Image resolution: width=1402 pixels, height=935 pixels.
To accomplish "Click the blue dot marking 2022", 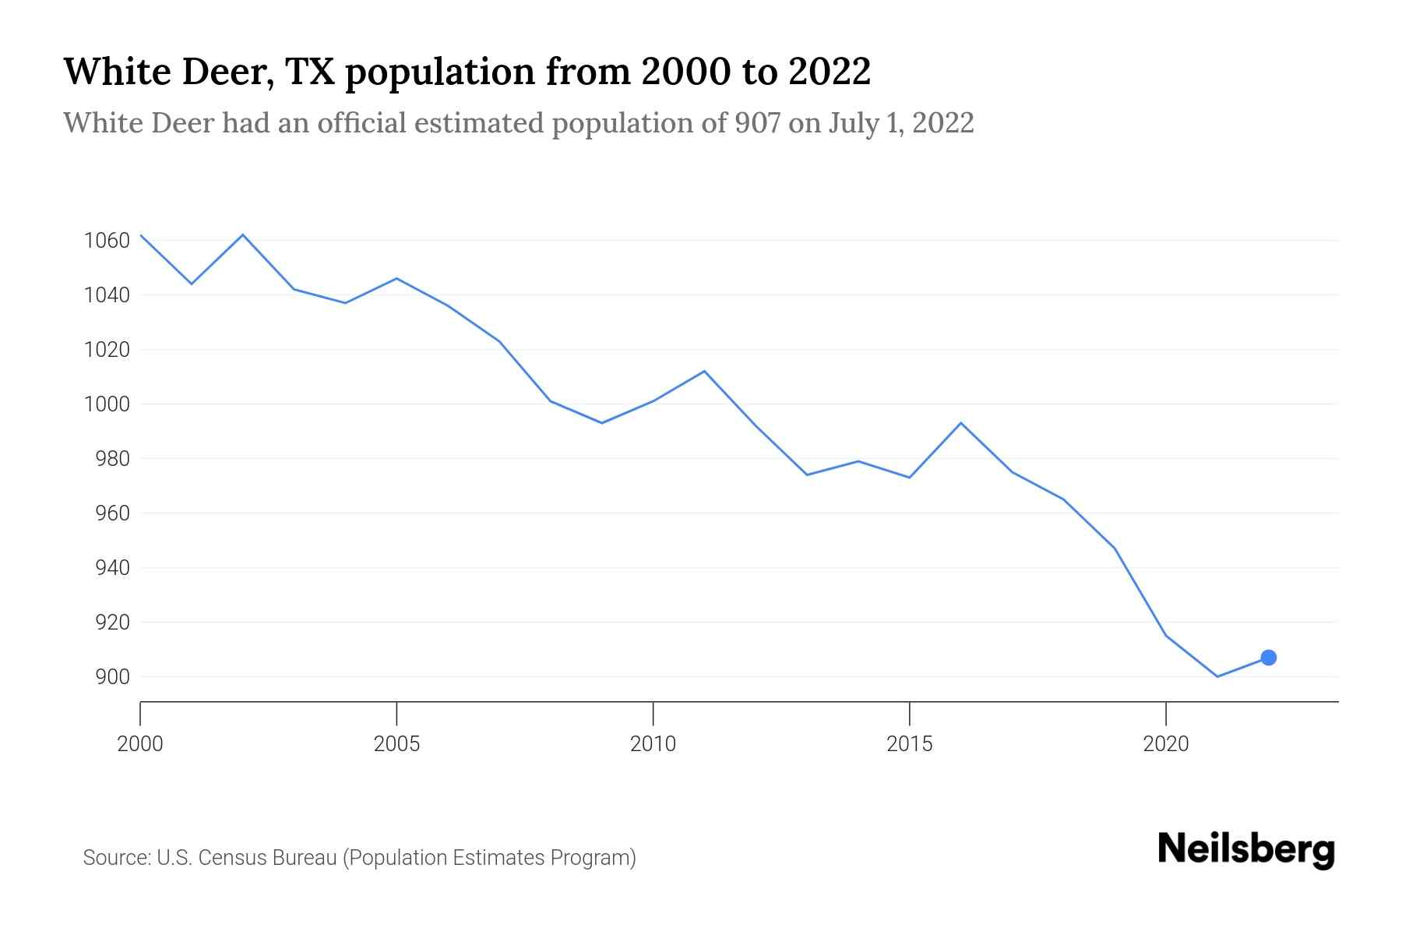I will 1268,658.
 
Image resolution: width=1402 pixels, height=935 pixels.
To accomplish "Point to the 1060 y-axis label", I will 106,241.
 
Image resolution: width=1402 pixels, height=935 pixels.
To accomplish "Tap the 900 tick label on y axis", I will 113,677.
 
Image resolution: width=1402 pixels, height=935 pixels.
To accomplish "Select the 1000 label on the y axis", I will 106,404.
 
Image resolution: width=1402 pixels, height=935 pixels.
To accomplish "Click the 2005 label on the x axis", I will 396,744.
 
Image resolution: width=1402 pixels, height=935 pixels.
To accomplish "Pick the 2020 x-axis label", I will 1165,744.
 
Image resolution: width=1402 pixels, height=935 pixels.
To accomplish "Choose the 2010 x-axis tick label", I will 653,744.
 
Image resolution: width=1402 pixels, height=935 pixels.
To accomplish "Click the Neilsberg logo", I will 1246,849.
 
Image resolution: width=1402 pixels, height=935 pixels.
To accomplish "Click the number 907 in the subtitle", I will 758,123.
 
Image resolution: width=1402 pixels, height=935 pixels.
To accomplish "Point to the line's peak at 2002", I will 243,235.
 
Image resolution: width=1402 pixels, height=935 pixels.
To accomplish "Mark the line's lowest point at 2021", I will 1217,676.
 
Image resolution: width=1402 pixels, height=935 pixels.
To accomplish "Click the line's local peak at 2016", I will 960,423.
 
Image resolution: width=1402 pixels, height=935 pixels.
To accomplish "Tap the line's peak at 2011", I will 704,371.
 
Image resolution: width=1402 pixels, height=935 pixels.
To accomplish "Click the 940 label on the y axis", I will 113,568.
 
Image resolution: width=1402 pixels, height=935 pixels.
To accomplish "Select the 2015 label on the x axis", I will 909,744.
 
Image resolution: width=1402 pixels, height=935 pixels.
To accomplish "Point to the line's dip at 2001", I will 192,284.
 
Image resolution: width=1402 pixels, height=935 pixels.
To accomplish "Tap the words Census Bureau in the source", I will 265,858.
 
